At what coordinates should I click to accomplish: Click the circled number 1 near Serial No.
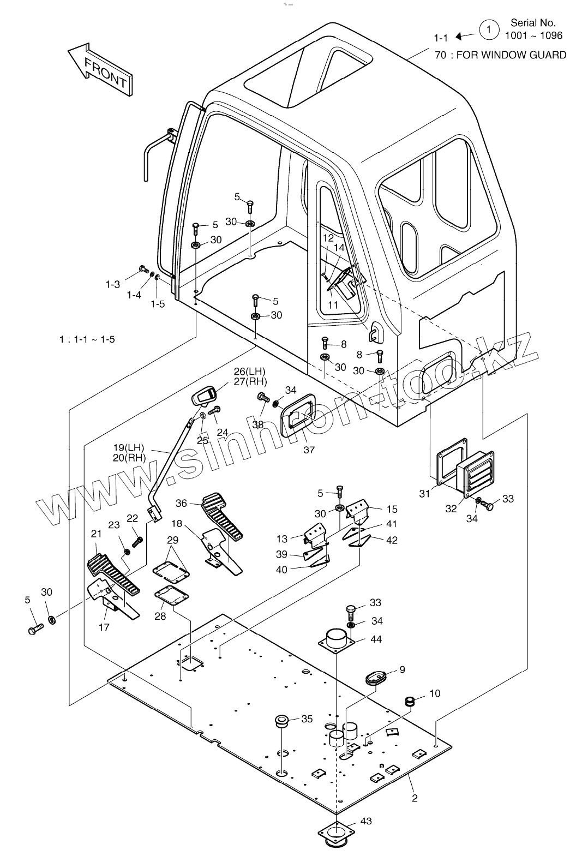(489, 29)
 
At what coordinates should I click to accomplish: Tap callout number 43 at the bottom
(366, 821)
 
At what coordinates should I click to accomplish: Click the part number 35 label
(307, 719)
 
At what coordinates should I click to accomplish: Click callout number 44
(376, 639)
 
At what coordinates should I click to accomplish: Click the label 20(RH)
(129, 458)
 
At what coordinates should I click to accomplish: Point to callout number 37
(309, 450)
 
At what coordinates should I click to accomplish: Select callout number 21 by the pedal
(97, 534)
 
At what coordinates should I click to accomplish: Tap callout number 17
(104, 627)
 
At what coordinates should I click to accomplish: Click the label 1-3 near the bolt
(113, 284)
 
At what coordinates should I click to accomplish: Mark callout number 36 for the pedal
(182, 503)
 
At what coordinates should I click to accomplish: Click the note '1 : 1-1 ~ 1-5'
(87, 339)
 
